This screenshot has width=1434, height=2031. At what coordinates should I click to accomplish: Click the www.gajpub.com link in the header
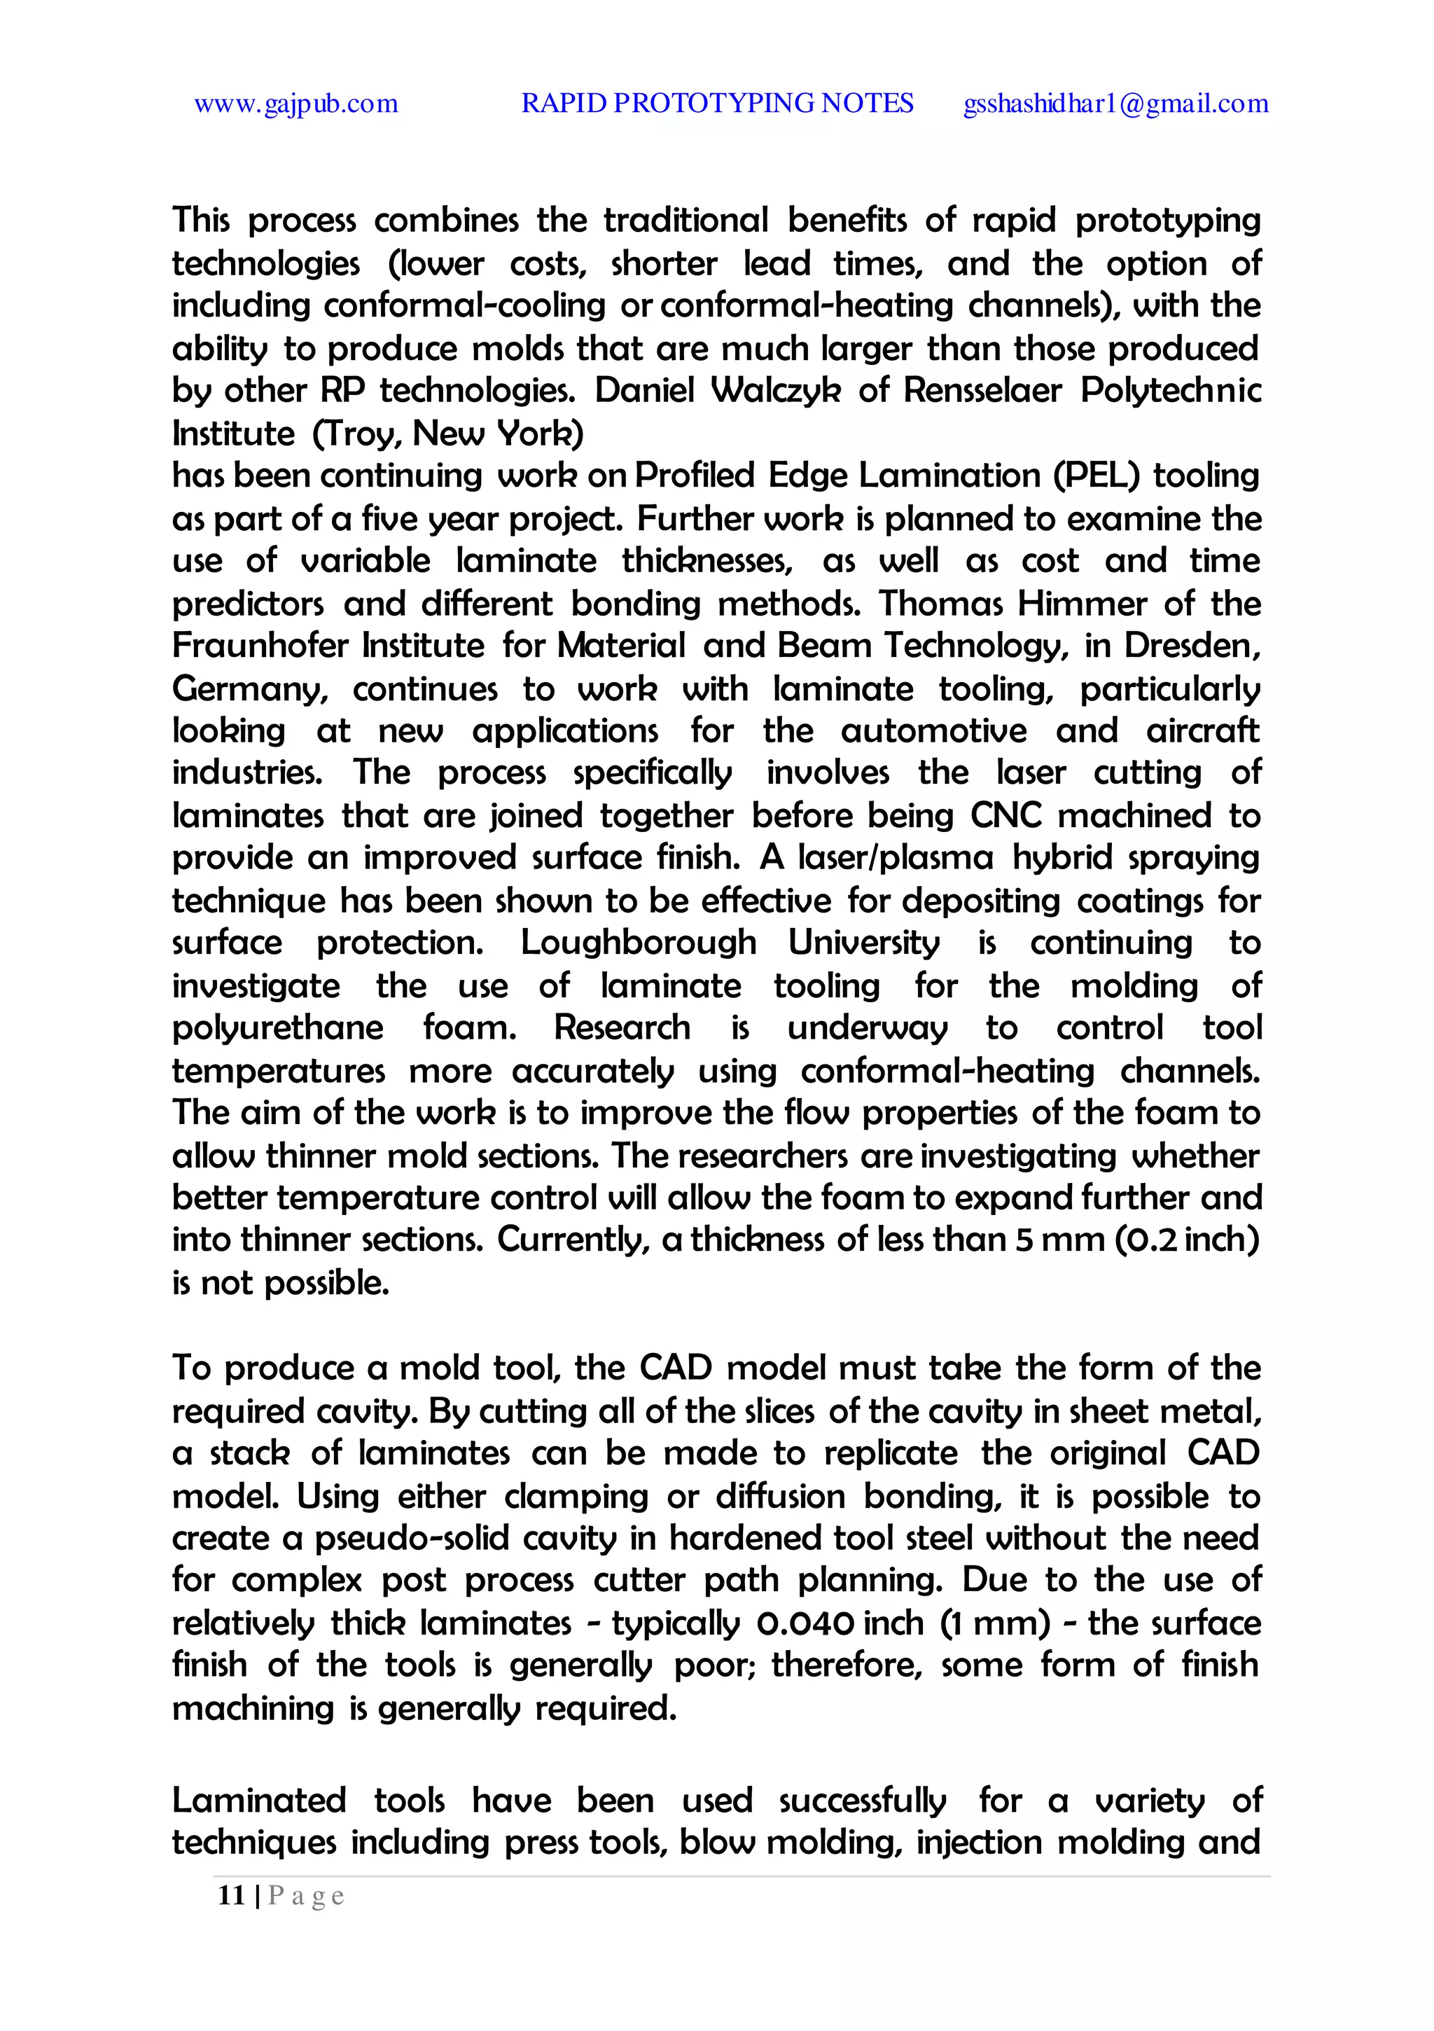pos(295,104)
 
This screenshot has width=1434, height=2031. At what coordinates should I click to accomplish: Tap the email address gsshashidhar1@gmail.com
pos(1115,104)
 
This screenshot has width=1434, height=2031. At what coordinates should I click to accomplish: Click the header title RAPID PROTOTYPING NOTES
pos(716,104)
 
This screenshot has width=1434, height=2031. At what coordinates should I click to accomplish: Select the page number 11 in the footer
pos(231,1894)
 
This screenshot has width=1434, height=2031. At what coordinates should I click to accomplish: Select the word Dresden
pos(1191,646)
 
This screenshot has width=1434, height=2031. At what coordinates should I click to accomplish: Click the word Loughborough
pos(638,943)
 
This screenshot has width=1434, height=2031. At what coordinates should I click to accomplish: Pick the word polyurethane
pos(278,1029)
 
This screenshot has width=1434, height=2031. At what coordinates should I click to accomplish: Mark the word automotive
pos(933,732)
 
